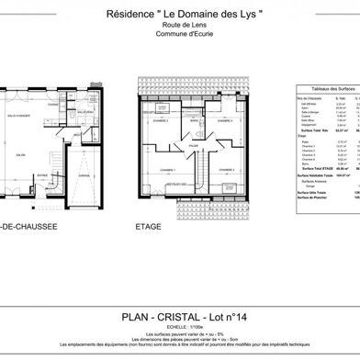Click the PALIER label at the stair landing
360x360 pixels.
pyautogui.click(x=195, y=144)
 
